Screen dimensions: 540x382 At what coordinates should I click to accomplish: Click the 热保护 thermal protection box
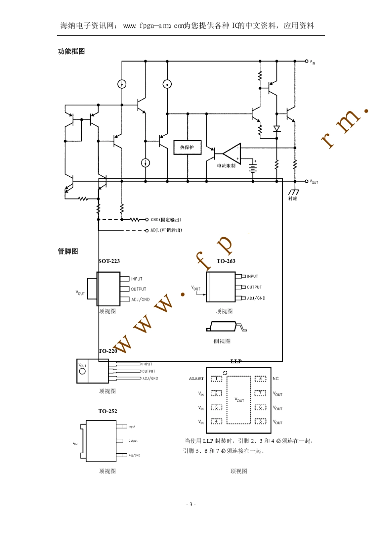point(187,147)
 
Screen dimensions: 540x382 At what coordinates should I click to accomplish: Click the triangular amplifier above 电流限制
point(232,153)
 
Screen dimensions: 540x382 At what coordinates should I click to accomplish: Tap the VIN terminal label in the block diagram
point(312,62)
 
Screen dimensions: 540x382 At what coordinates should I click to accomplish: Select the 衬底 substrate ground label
point(293,198)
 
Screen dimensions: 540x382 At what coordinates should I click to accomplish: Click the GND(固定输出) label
point(166,220)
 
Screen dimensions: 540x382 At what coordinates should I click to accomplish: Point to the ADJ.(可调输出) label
point(166,230)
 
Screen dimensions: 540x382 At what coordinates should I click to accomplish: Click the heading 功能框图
point(71,51)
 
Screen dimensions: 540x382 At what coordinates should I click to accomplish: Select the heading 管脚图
point(68,251)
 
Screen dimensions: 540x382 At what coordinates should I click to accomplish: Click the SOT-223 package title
point(109,261)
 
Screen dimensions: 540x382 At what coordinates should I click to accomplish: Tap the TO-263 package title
point(226,261)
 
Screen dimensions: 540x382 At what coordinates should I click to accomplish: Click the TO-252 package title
point(108,411)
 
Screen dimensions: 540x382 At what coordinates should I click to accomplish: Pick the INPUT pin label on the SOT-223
point(137,279)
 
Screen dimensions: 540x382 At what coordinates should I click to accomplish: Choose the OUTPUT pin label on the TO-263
point(254,287)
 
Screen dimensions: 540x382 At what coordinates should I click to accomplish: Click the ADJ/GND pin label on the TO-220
point(150,378)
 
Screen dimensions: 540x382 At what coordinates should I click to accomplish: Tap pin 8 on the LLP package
point(261,379)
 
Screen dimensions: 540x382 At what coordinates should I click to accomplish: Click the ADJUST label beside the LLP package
point(196,379)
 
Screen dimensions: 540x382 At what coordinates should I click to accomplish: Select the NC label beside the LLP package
point(275,379)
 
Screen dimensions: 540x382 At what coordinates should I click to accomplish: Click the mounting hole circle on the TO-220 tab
point(82,371)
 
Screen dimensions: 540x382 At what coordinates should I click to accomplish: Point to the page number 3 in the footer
point(191,504)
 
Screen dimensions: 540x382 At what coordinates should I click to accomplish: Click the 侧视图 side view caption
point(222,341)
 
